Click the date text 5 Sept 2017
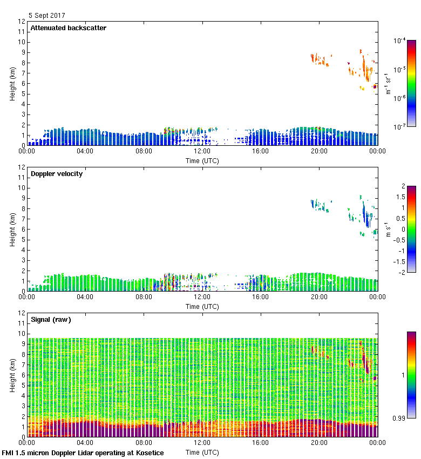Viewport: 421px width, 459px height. click(46, 16)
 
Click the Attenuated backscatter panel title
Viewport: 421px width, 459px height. click(69, 28)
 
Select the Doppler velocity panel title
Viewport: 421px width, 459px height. click(57, 174)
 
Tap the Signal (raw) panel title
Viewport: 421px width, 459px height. click(51, 320)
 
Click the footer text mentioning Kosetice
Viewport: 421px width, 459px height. click(83, 453)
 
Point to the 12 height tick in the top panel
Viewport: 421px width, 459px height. click(22, 22)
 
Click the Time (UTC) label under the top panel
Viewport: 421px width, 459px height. click(202, 160)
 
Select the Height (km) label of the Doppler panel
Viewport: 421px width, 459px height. click(12, 230)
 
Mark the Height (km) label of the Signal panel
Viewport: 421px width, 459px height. click(12, 375)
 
